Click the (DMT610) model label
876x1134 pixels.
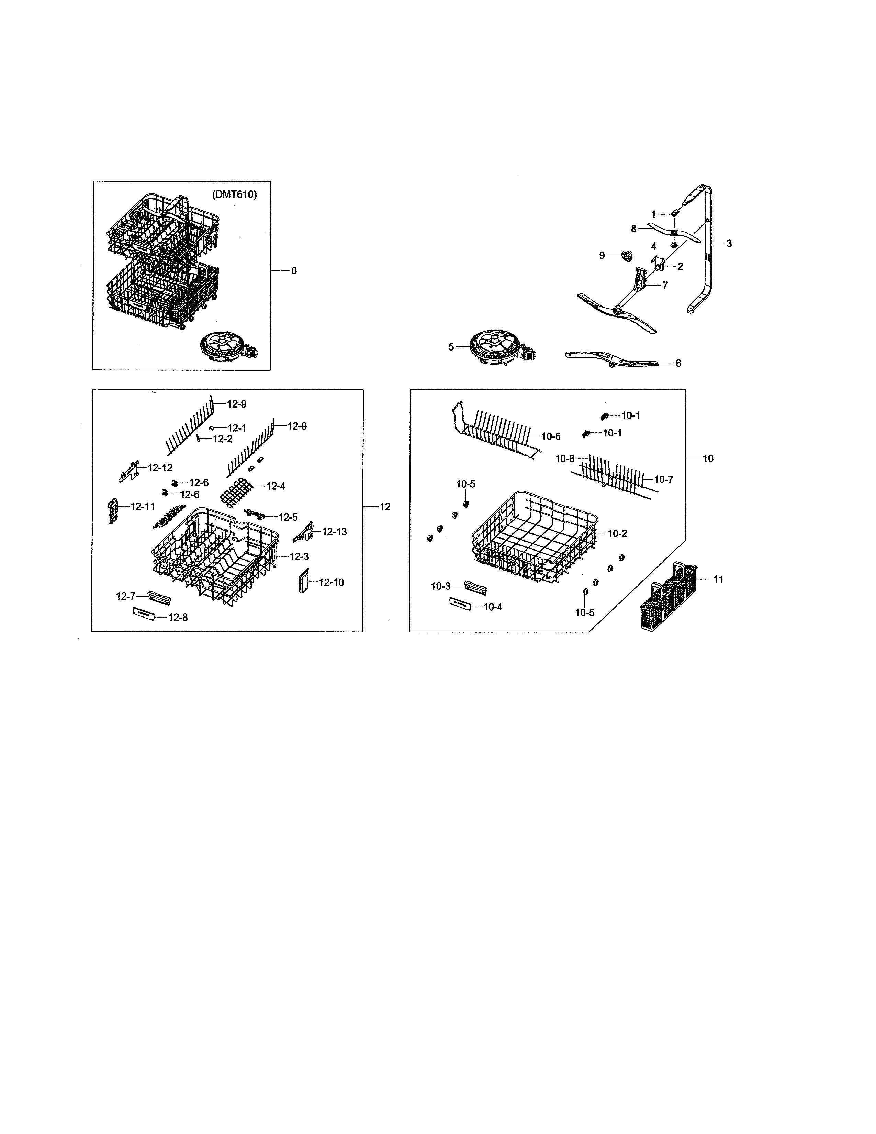(234, 195)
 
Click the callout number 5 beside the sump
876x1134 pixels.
(451, 347)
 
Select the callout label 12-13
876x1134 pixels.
(334, 532)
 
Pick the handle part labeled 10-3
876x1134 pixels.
(475, 587)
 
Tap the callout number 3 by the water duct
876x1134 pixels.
(729, 243)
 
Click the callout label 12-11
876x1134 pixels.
(142, 506)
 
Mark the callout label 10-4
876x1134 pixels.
(493, 607)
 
